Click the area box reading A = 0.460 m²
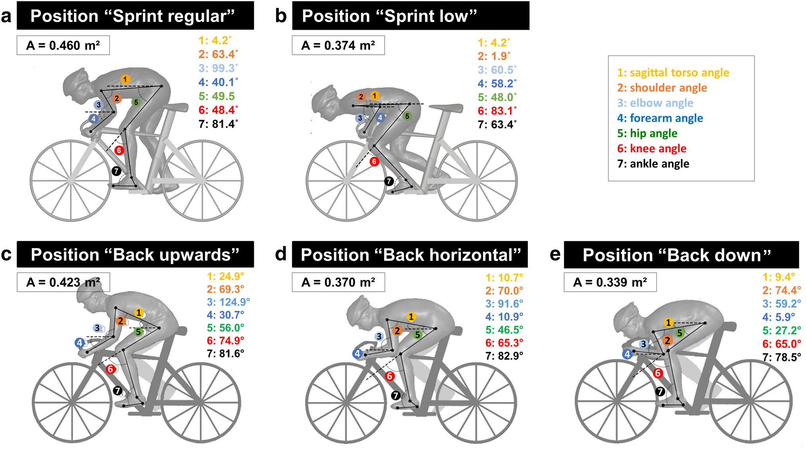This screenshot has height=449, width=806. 63,46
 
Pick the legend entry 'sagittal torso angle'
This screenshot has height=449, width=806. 673,73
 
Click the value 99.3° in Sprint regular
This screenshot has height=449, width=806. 218,68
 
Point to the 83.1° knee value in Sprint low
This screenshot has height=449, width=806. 497,111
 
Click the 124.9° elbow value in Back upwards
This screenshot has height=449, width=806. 228,302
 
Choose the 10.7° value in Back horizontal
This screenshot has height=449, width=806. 504,277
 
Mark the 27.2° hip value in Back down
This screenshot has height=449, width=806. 781,331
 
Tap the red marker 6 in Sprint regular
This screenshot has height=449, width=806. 119,150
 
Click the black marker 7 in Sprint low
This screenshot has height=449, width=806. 389,181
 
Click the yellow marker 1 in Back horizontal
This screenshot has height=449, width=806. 411,317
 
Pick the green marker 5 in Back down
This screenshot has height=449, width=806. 679,333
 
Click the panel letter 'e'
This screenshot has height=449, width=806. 555,254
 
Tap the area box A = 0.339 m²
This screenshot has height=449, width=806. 610,282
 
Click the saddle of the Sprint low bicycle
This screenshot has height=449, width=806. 446,107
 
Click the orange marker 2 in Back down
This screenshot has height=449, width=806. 668,340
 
